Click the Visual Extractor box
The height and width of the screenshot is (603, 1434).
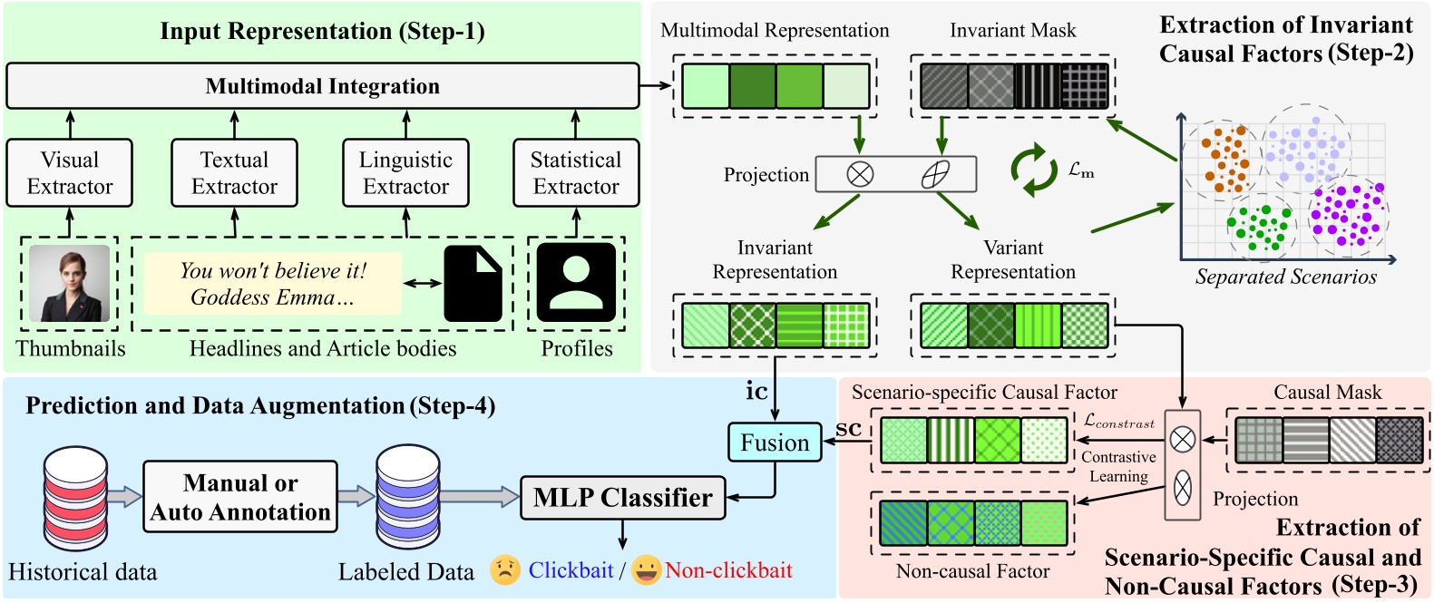[x=70, y=173]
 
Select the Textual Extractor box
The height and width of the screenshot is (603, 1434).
[x=234, y=173]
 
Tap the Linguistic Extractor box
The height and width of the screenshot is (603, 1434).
[x=405, y=173]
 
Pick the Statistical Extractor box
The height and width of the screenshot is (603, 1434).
[x=576, y=173]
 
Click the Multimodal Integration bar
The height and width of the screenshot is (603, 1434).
[x=322, y=86]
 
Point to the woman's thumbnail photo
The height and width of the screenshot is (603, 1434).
[x=70, y=283]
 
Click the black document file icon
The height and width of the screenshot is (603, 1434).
[x=473, y=284]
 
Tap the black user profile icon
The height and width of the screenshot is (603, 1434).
[x=576, y=282]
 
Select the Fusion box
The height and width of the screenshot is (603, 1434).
[x=775, y=443]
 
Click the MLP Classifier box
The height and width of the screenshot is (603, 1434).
[x=622, y=498]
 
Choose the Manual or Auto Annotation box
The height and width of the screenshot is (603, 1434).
[x=240, y=497]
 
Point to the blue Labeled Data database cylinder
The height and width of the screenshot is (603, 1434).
[x=407, y=497]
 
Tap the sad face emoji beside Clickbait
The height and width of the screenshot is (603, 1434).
[x=505, y=570]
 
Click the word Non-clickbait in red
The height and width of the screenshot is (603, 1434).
[x=728, y=570]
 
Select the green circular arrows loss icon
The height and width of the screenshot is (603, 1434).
[x=1034, y=170]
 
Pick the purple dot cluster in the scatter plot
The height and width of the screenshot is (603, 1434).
[x=1350, y=214]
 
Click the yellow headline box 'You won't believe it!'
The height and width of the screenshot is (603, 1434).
[x=272, y=284]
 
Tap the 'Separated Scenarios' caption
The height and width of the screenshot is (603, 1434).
[x=1285, y=277]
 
